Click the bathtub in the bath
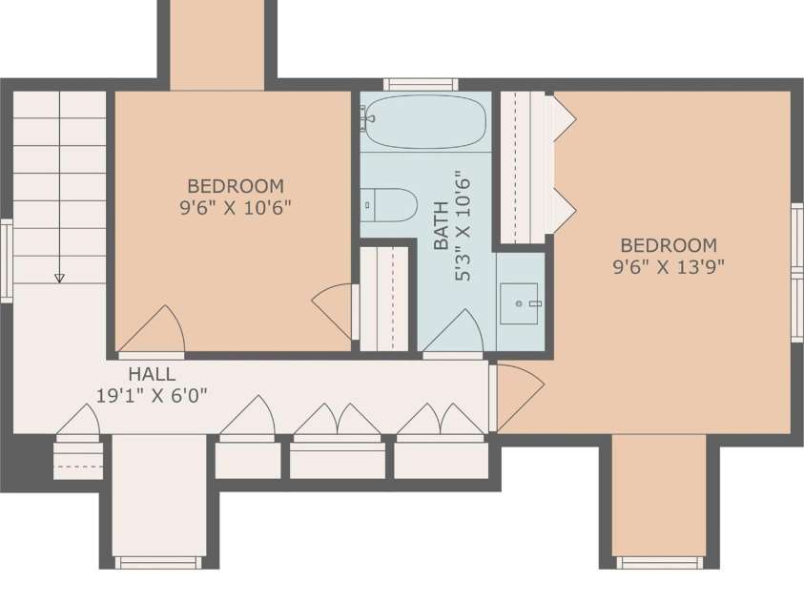click(425, 121)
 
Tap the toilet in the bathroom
click(389, 204)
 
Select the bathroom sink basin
click(519, 303)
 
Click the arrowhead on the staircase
click(59, 278)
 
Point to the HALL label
click(152, 374)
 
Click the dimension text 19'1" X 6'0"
click(152, 395)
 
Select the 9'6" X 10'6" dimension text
click(236, 208)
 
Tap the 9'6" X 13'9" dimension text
click(669, 266)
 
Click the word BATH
click(441, 225)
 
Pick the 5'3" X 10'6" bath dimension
click(463, 226)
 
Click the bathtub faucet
click(366, 118)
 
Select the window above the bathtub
click(421, 84)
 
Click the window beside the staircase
click(6, 260)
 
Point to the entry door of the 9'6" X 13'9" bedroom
click(517, 397)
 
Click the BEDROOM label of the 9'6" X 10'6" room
click(236, 186)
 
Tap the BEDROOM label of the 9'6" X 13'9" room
click(669, 245)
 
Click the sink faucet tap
click(535, 303)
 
